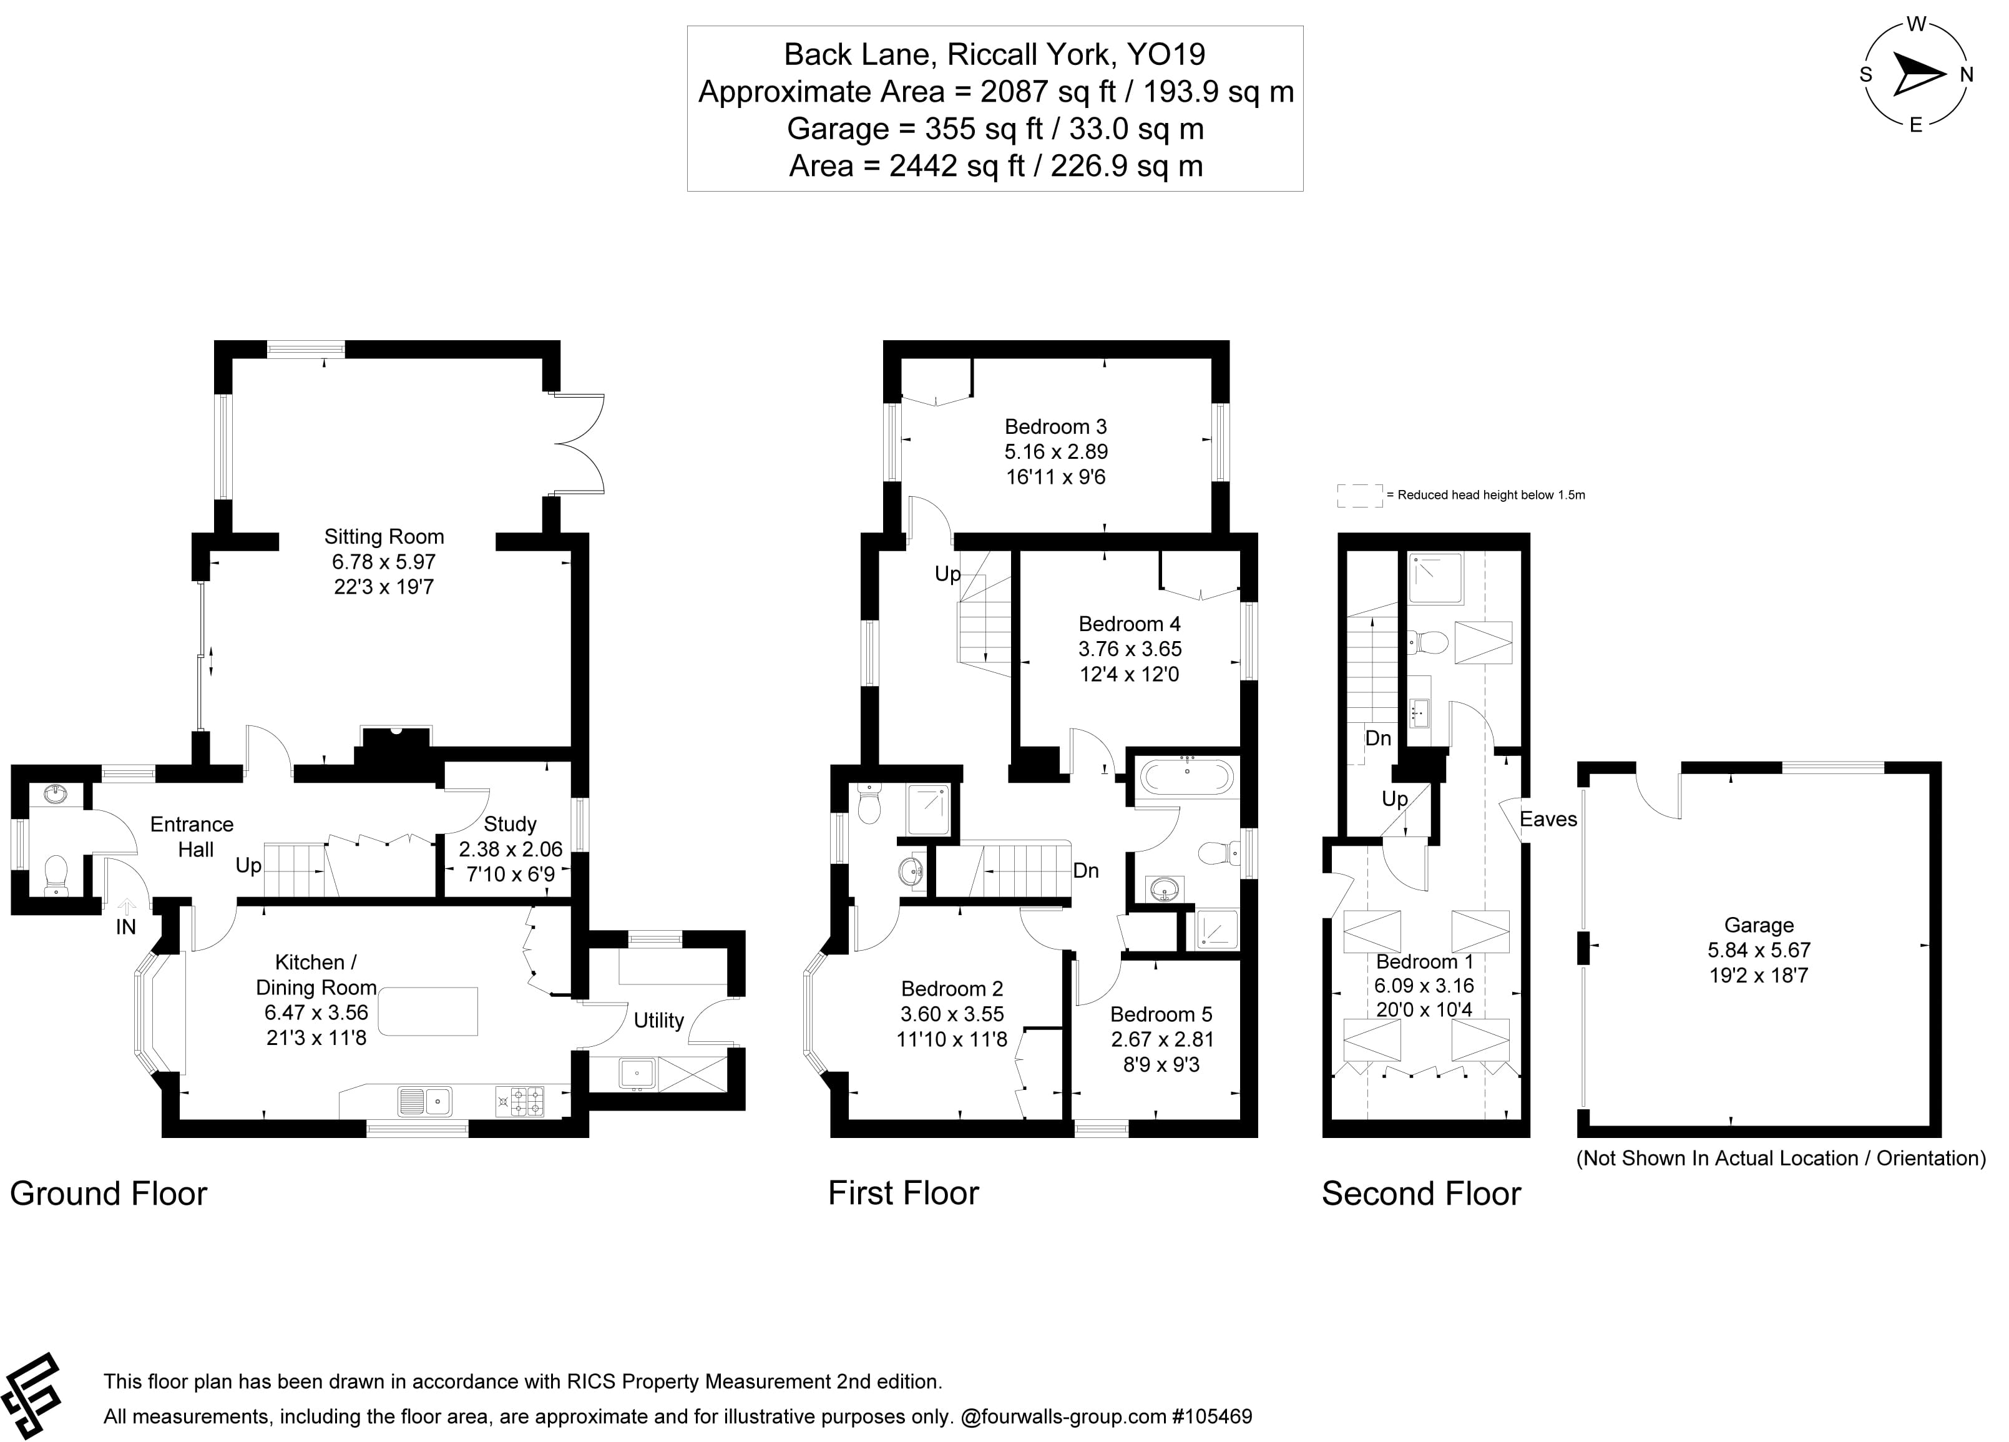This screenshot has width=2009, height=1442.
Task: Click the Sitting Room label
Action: (x=384, y=537)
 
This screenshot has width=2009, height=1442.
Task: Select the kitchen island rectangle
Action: (x=428, y=1011)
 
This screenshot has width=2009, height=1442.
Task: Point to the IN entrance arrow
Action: (x=127, y=907)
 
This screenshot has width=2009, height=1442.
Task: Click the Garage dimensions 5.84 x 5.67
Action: (x=1758, y=950)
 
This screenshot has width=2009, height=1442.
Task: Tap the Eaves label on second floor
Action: (x=1548, y=819)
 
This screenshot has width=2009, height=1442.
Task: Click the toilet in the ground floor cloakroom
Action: (x=56, y=874)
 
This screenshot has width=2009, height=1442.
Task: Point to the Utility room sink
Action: (x=636, y=1074)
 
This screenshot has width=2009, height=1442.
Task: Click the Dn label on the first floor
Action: (x=1085, y=871)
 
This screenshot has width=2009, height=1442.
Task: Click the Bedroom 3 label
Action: (x=1055, y=427)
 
